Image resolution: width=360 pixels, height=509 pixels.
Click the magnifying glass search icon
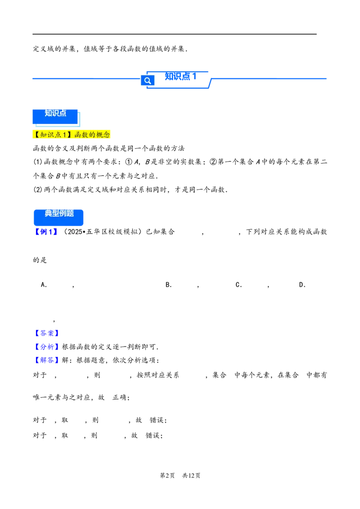(x=148, y=80)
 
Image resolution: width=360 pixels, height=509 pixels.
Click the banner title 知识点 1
(x=180, y=76)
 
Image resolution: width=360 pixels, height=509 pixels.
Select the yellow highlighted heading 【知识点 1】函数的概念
(x=72, y=134)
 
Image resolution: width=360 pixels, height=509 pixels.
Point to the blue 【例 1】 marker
(x=46, y=232)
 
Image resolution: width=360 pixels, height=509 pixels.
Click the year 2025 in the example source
(x=75, y=232)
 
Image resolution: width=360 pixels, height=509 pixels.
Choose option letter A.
(x=44, y=285)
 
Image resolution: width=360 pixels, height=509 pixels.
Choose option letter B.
(x=168, y=285)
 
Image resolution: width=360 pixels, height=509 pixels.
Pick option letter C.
(x=238, y=285)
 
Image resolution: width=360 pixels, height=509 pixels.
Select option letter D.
(x=302, y=285)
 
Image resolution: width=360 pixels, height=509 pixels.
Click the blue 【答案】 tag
(x=47, y=333)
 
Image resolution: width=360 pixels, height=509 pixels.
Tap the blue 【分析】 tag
(x=47, y=347)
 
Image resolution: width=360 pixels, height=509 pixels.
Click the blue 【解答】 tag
(x=47, y=360)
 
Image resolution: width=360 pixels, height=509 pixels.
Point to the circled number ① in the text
(x=129, y=162)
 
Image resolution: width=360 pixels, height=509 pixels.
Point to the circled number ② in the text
(x=213, y=162)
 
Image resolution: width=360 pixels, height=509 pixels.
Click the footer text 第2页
(x=167, y=476)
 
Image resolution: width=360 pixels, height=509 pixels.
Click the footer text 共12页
(x=191, y=476)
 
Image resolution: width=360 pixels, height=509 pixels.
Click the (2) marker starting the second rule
(x=38, y=190)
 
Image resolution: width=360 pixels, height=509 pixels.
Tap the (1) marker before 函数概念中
(x=38, y=162)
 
